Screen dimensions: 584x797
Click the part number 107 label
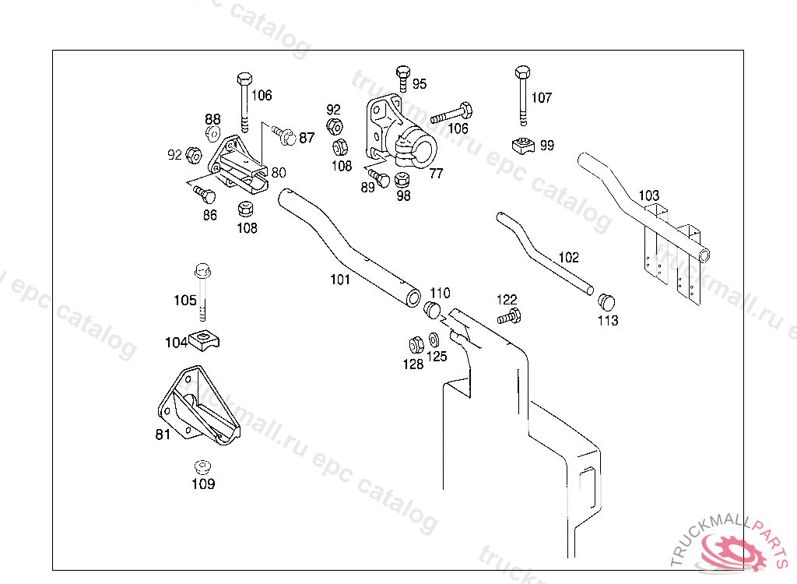tap(542, 97)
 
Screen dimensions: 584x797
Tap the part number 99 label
tap(547, 146)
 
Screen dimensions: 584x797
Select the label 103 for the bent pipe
tap(648, 195)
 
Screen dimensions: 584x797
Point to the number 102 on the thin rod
tap(568, 257)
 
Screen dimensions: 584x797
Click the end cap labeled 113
tap(606, 301)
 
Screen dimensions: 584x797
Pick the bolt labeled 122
tap(509, 317)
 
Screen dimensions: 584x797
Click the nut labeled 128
tap(416, 343)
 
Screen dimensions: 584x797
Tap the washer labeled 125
tap(434, 340)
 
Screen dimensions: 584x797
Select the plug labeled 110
tap(432, 311)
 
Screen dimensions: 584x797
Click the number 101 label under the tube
tap(339, 280)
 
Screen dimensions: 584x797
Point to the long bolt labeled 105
tap(202, 291)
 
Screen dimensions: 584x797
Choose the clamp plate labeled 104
tap(205, 339)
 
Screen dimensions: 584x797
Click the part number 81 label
tap(163, 434)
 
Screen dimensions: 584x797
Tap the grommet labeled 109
tap(202, 467)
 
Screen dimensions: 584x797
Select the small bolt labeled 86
tap(204, 191)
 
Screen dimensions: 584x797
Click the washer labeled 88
tap(212, 133)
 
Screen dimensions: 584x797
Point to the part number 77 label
tap(436, 173)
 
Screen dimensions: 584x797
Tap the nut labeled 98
tap(402, 180)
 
